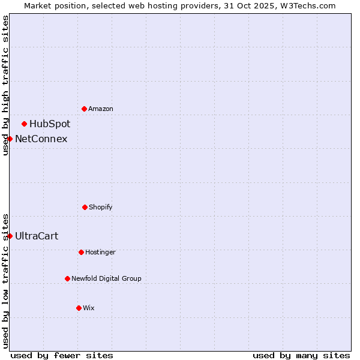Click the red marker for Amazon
coord(84,109)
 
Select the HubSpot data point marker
coord(24,124)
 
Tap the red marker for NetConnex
coord(10,139)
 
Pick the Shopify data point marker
coord(85,207)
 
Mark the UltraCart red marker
coord(10,236)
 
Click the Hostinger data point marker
coord(81,252)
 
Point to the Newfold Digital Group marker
coord(67,278)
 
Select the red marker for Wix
coord(79,308)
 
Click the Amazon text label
coord(101,109)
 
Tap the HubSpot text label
coord(50,124)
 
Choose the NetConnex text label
coord(41,139)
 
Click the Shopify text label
coord(101,207)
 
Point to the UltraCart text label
coord(37,236)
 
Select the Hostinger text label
coord(100,252)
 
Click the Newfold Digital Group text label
coord(106,278)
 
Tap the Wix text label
coord(89,308)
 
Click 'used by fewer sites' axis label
coord(62,355)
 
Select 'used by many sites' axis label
coord(301,355)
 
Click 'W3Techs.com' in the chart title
coord(310,5)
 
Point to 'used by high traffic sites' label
coord(5,85)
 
